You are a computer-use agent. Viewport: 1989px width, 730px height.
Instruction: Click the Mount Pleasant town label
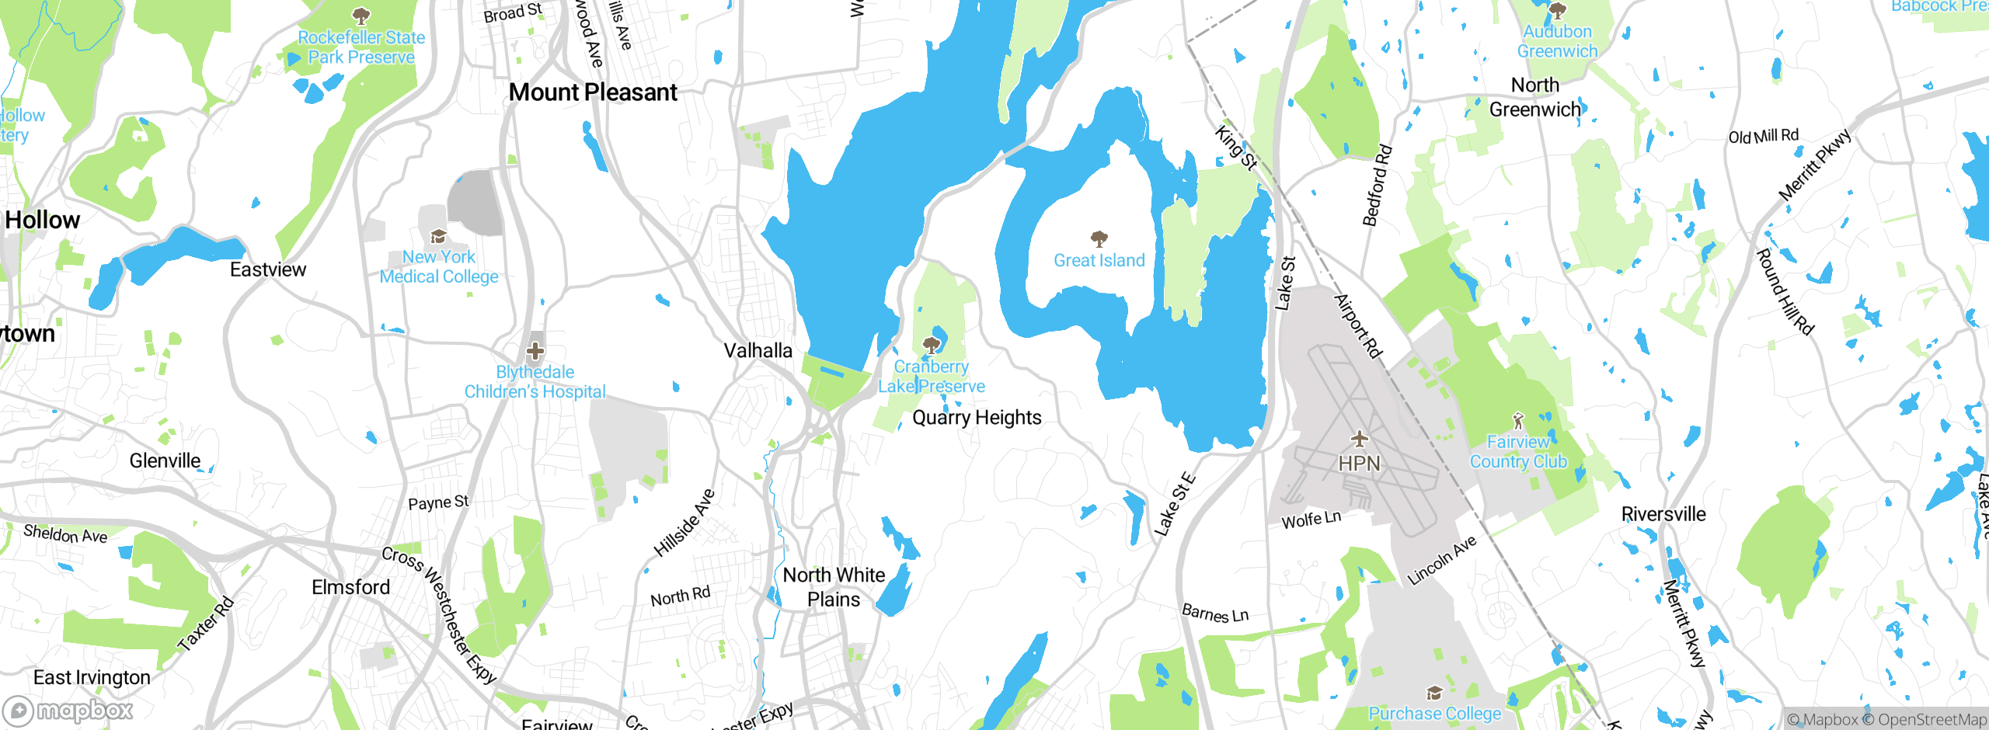[593, 92]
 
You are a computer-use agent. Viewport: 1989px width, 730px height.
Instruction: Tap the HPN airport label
[1359, 464]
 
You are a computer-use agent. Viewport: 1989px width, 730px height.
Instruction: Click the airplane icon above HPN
[1359, 439]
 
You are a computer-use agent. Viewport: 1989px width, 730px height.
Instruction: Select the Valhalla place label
[758, 351]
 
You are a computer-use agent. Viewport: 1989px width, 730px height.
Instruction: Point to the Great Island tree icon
[1099, 238]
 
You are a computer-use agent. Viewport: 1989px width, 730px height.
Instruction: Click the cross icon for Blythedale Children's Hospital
[535, 351]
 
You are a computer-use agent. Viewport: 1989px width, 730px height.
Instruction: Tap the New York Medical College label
[439, 266]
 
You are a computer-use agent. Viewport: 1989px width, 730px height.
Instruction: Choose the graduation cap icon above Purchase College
[1434, 693]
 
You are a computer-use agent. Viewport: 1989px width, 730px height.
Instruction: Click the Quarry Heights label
[977, 418]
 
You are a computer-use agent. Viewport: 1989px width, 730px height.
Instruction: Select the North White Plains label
[834, 587]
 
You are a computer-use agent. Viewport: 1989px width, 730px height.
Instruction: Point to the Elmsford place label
[351, 587]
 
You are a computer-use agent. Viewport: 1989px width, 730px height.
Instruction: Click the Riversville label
[1663, 514]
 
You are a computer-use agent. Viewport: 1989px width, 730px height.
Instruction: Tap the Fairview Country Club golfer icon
[1518, 421]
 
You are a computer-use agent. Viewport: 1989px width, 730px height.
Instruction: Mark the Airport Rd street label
[1358, 326]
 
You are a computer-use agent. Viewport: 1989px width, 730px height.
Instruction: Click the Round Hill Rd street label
[1785, 292]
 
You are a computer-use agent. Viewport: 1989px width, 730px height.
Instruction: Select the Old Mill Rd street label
[1763, 137]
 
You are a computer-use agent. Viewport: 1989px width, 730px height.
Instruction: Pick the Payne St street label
[438, 503]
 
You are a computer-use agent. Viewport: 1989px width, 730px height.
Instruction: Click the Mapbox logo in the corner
[68, 711]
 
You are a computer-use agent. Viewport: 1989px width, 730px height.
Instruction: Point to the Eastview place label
[268, 270]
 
